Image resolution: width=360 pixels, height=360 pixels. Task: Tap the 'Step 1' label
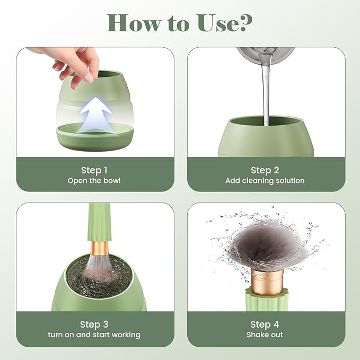(x=94, y=170)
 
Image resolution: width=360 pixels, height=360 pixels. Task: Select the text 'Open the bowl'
(x=94, y=181)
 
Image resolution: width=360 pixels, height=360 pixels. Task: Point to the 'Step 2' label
(x=265, y=170)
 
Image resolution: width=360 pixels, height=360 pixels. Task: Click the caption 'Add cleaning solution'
(x=265, y=181)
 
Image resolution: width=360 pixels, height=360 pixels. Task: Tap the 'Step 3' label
(x=94, y=324)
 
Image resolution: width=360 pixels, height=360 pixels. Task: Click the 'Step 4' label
(x=265, y=324)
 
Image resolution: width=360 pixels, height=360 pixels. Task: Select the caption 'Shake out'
(x=265, y=335)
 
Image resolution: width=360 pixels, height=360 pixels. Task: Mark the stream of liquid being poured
(x=265, y=95)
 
